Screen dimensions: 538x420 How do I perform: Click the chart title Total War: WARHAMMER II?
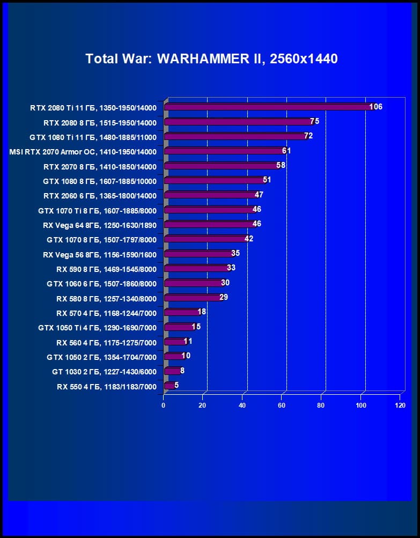tap(211, 58)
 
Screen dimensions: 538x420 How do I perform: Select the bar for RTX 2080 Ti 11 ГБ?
tap(268, 107)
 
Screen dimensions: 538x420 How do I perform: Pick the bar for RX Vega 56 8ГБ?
tap(198, 253)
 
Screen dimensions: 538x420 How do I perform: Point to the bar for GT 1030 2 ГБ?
tap(172, 370)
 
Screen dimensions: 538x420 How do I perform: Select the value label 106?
tap(375, 107)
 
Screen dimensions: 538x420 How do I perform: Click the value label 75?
tap(314, 121)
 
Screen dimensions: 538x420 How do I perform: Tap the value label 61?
tap(286, 151)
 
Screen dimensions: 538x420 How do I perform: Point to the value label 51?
tap(267, 180)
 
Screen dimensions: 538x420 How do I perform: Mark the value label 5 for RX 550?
tap(176, 385)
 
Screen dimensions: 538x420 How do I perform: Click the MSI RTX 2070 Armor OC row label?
tap(83, 152)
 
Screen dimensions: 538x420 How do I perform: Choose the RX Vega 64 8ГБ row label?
tap(99, 225)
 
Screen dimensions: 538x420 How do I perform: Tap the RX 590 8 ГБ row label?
tap(106, 269)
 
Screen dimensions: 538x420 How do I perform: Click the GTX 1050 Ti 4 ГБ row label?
tap(97, 327)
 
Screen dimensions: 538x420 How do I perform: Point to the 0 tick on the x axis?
tap(164, 405)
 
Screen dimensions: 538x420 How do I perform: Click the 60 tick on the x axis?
tap(282, 405)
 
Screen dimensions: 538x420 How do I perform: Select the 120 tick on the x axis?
tap(400, 405)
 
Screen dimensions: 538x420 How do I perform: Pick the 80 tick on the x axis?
tap(321, 405)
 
